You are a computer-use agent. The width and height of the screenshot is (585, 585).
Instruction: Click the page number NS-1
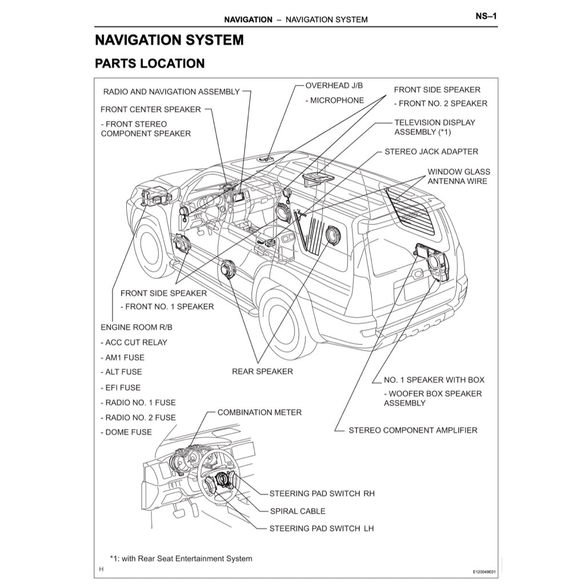486,16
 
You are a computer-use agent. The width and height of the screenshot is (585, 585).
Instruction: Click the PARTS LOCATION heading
150,63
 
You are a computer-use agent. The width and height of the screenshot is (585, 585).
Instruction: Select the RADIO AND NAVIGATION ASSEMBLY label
171,91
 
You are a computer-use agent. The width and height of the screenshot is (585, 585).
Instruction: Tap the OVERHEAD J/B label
334,86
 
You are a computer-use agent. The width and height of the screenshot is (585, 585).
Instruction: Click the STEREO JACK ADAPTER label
431,151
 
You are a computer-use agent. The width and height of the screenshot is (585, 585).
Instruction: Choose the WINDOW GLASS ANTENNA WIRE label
458,176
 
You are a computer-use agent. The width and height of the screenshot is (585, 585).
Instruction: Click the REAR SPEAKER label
262,371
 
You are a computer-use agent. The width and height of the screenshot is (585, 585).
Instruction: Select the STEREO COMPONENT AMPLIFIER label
412,430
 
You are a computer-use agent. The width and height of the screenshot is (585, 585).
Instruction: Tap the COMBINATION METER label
259,412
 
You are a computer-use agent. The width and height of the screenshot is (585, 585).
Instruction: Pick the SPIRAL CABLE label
297,511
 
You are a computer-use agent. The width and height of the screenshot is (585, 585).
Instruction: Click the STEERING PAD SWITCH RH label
322,493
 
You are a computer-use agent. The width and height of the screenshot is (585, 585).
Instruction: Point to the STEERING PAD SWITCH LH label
321,528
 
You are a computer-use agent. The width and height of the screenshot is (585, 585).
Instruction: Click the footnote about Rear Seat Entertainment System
181,558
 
